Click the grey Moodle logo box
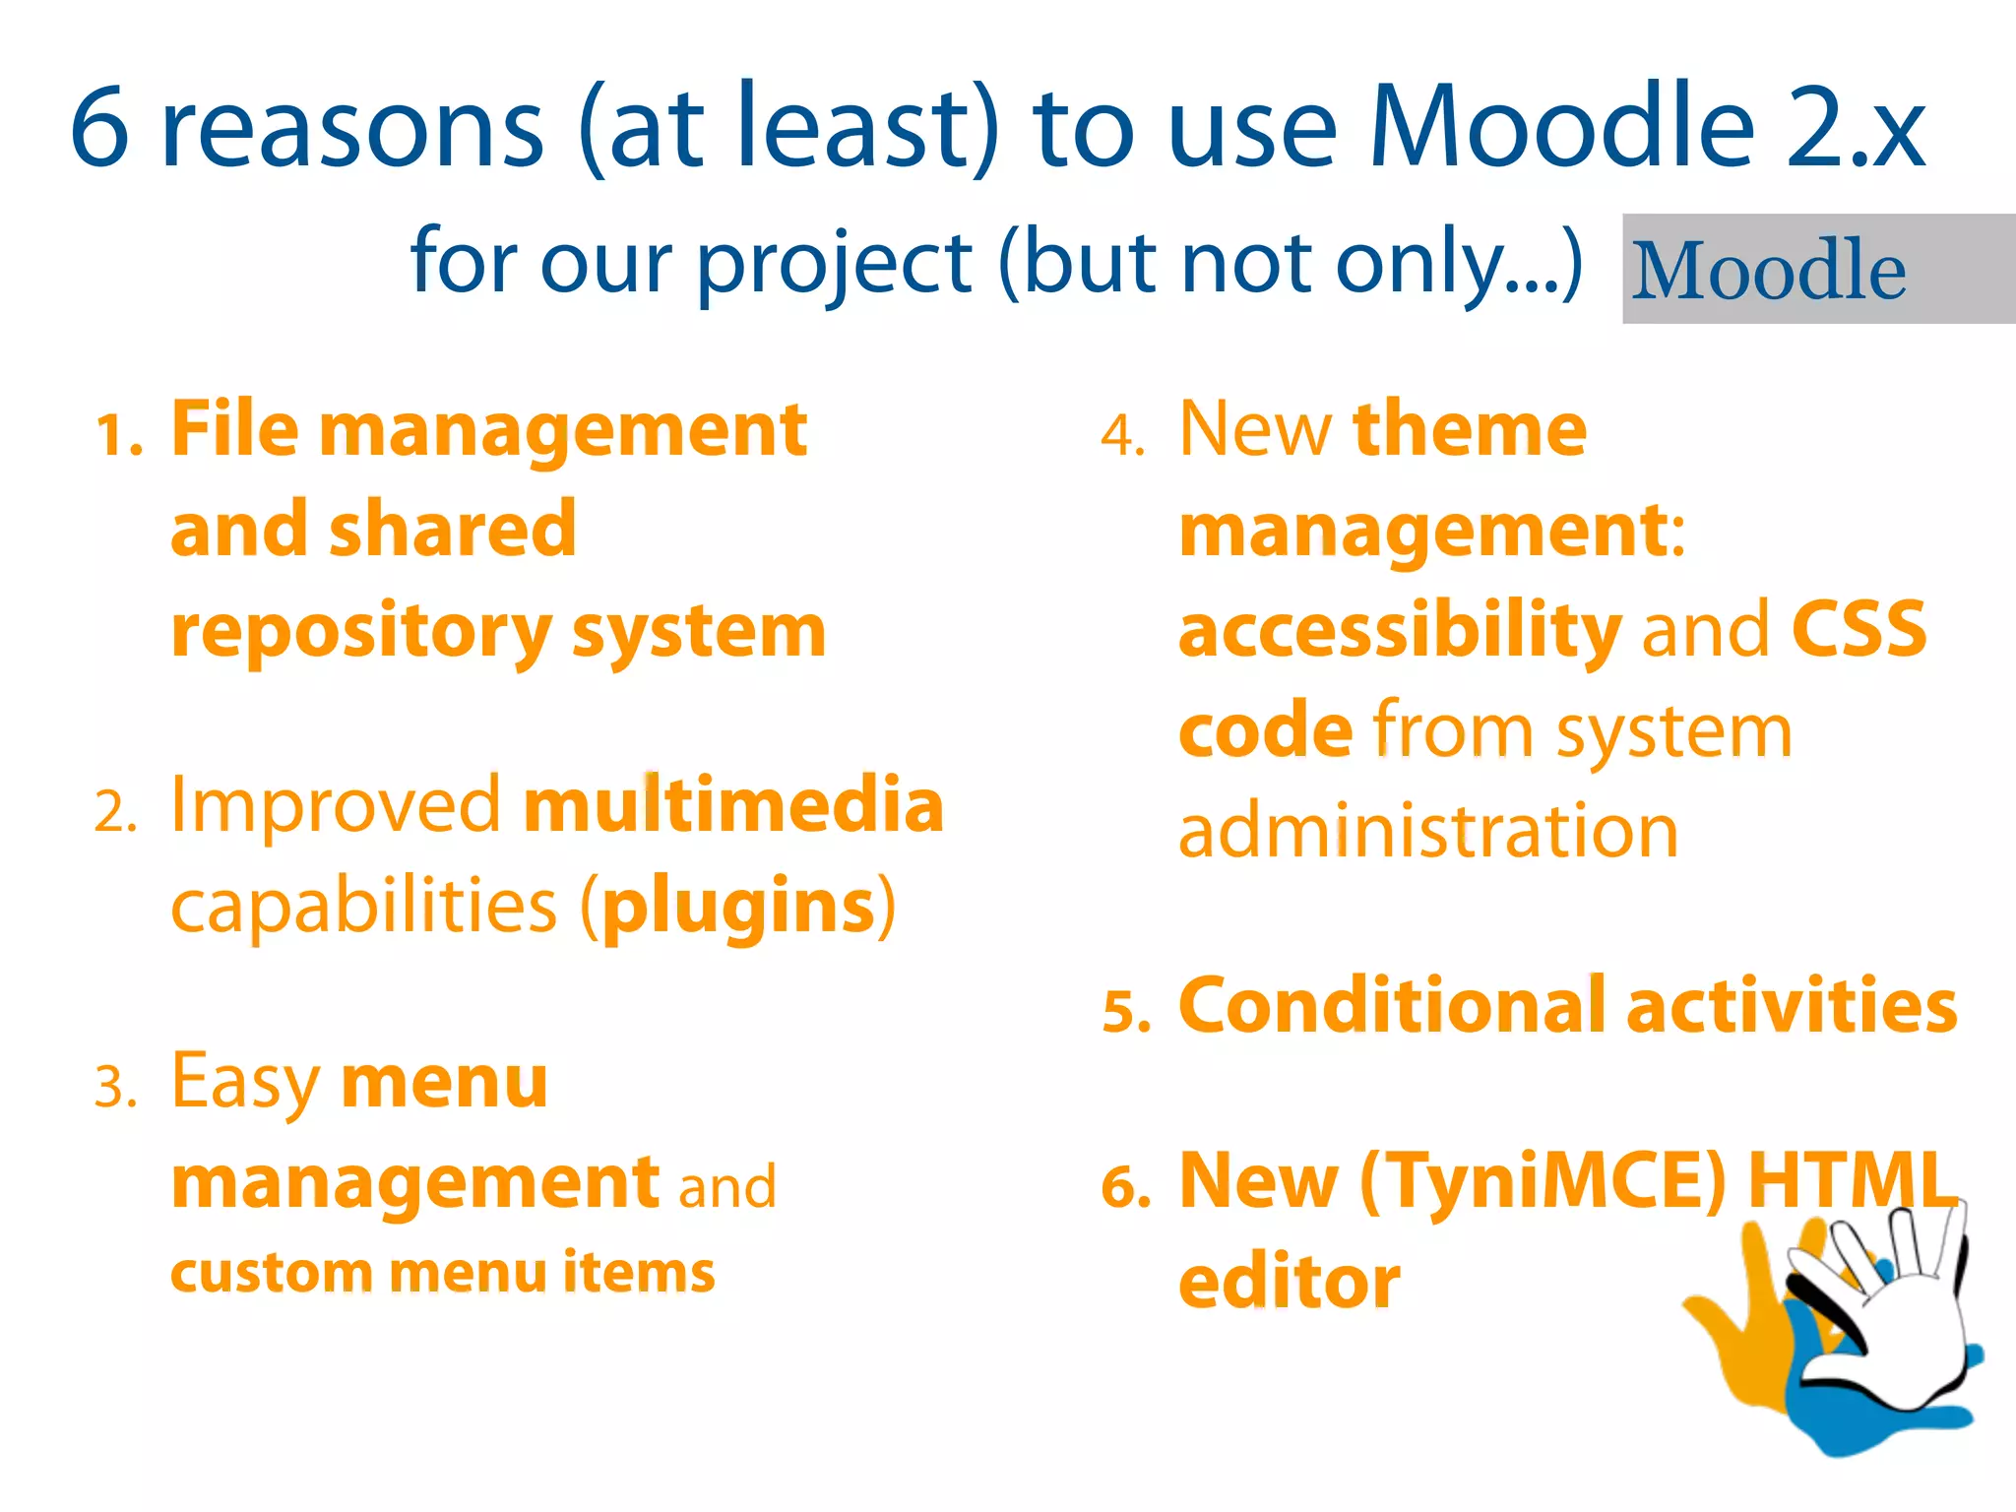1817,269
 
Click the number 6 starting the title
100,128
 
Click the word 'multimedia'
733,805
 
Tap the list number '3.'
116,1088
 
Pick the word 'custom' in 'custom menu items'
271,1273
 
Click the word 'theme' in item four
1470,430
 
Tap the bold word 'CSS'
1858,630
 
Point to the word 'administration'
1427,832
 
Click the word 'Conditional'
1393,1006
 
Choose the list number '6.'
1126,1187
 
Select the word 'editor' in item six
1290,1283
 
